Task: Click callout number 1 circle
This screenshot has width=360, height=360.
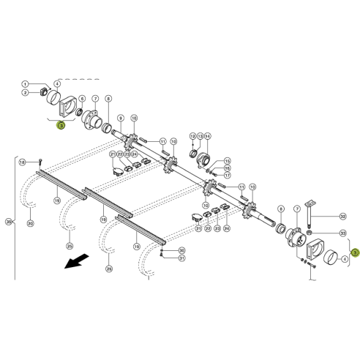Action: click(x=25, y=84)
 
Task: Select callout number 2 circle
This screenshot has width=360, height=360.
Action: click(x=25, y=93)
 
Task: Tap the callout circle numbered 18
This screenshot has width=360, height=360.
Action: click(x=23, y=162)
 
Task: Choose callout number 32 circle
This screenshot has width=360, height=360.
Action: click(x=342, y=217)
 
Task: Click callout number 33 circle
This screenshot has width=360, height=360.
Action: click(x=342, y=233)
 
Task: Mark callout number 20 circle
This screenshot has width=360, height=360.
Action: click(x=29, y=223)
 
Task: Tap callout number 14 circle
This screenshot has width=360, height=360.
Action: click(x=207, y=136)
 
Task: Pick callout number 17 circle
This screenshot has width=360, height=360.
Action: click(x=227, y=175)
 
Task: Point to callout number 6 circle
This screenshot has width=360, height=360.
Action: click(x=82, y=99)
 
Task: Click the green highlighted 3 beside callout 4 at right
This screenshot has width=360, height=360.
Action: click(x=354, y=254)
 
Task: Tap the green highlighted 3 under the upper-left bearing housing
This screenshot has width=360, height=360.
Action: click(x=61, y=125)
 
